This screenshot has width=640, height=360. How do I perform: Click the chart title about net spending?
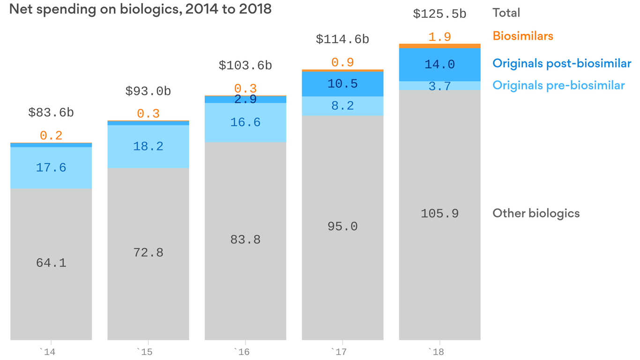[140, 9]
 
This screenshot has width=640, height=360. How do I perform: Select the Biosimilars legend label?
[522, 36]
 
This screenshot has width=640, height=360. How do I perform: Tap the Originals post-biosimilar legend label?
[561, 63]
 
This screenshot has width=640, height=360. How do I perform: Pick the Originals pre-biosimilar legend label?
[558, 85]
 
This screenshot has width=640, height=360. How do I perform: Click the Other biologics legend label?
[536, 213]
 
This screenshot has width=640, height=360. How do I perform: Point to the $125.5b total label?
[439, 14]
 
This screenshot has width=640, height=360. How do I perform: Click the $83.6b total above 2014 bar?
[51, 112]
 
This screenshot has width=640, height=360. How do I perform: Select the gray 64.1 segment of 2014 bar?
[51, 263]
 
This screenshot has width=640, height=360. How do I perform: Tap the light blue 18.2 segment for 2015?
[148, 146]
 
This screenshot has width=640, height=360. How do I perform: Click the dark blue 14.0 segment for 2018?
[439, 65]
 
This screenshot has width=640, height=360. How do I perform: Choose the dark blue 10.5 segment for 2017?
[342, 84]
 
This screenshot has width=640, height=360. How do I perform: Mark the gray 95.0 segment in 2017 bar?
[342, 227]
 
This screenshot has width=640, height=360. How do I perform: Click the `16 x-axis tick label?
[245, 351]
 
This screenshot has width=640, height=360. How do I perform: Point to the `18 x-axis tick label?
[439, 351]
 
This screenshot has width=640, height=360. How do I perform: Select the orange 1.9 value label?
[439, 37]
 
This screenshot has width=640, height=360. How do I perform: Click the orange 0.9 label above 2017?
[342, 62]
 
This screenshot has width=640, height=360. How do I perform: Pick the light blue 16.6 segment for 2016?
[245, 122]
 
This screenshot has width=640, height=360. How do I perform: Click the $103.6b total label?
[245, 66]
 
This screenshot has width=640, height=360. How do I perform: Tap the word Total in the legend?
[506, 13]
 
